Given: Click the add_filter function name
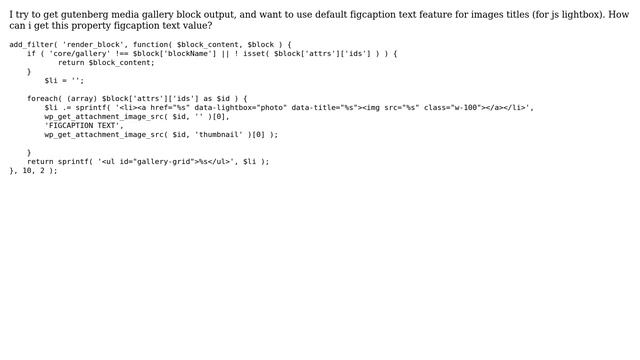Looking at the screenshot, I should click(x=31, y=45).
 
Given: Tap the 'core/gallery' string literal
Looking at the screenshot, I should click(x=78, y=54).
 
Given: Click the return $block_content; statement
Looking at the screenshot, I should click(x=106, y=63).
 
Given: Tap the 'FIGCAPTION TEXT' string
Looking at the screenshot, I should click(x=83, y=125).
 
